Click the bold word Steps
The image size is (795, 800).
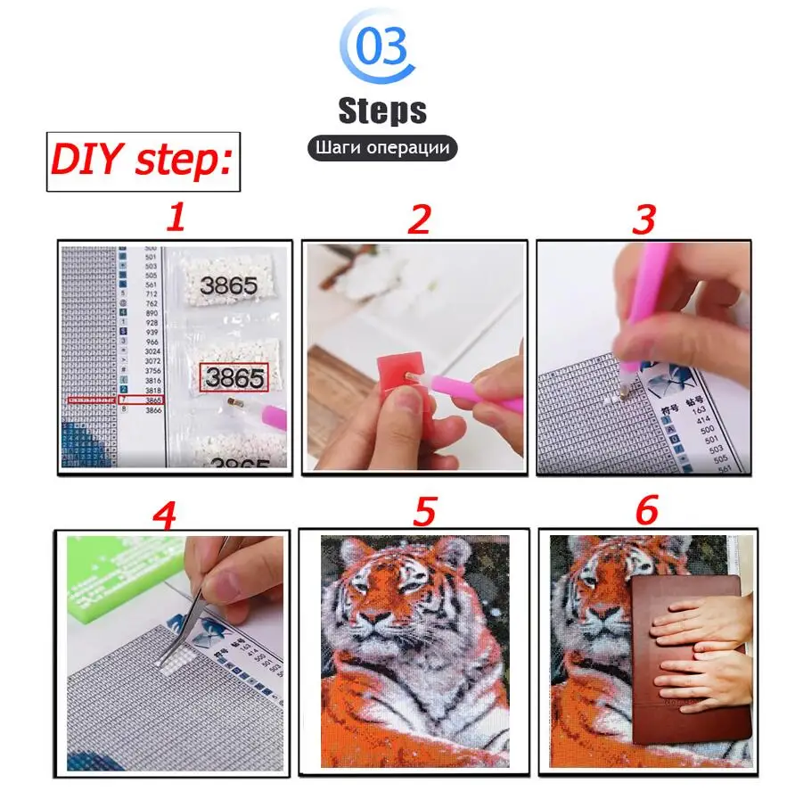pos(382,111)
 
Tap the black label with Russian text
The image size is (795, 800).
pos(382,147)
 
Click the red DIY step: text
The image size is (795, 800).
pos(143,161)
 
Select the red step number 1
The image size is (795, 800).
pos(176,217)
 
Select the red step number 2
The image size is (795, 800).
pos(419,219)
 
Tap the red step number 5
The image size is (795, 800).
pos(424,511)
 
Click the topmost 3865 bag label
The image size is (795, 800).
pos(227,286)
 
